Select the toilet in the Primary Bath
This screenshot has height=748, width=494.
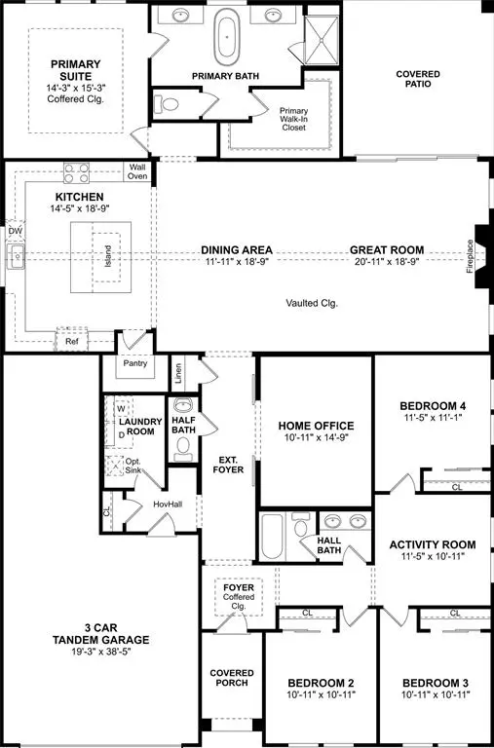170,103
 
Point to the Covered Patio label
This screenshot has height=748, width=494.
417,79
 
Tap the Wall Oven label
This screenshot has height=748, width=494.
138,171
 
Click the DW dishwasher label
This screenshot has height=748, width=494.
15,231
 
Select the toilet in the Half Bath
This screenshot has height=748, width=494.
182,447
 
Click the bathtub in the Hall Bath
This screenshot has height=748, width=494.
273,536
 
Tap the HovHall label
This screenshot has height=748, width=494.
141,504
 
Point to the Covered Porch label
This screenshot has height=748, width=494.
232,678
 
